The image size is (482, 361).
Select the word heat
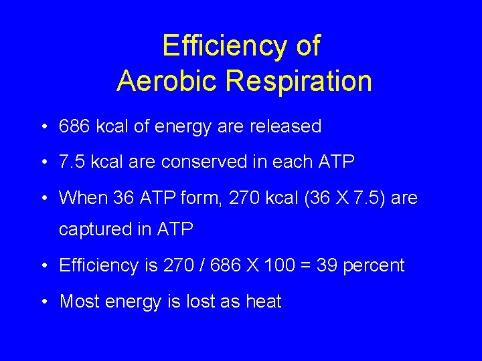click(x=263, y=302)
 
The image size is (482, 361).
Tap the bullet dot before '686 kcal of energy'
click(x=42, y=126)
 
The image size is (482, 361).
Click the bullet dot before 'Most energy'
click(x=42, y=302)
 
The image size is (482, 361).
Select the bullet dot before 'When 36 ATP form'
click(x=42, y=198)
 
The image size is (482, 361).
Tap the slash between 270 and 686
click(x=200, y=265)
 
